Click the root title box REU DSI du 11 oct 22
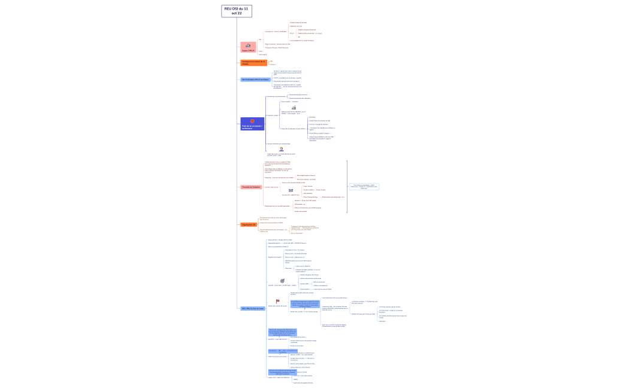click(236, 11)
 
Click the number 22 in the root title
click(239, 13)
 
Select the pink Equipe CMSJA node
click(248, 47)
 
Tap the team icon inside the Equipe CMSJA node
click(248, 45)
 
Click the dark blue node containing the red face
click(252, 124)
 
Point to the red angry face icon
click(252, 121)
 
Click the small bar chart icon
click(294, 108)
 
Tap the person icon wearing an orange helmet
click(281, 149)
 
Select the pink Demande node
click(251, 187)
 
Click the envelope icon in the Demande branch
click(291, 190)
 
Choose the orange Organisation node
click(249, 224)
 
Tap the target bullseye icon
click(282, 281)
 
